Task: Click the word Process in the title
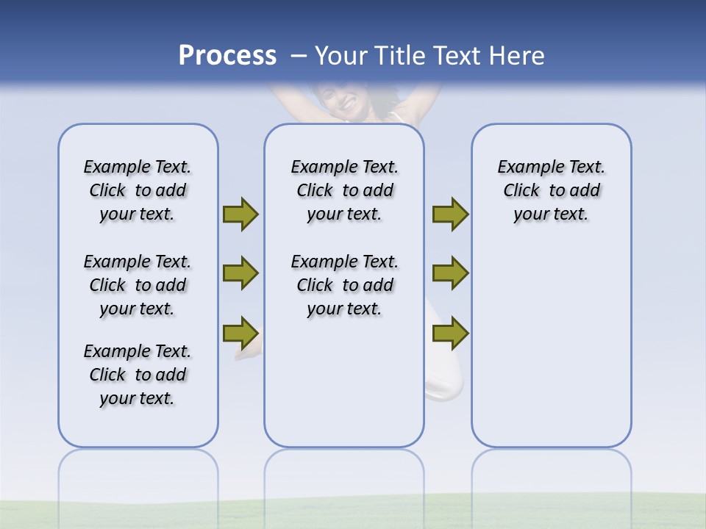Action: point(227,56)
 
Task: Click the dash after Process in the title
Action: point(298,57)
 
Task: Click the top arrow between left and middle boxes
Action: point(240,215)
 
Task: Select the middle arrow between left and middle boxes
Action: point(240,273)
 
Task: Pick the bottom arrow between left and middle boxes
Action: point(240,333)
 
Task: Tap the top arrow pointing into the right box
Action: point(450,215)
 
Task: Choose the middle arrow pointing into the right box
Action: point(450,273)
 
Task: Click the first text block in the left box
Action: point(138,190)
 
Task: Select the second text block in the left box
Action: point(138,285)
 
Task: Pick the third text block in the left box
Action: point(138,375)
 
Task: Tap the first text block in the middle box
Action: point(344,190)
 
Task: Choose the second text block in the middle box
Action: point(344,285)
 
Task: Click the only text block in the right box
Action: point(552,190)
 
